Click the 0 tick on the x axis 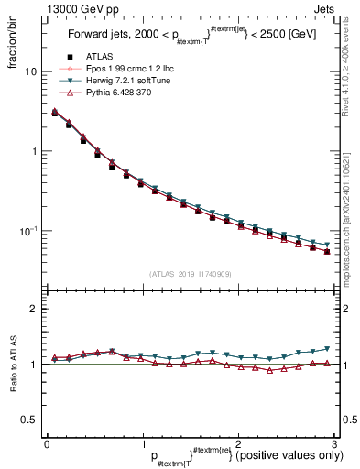tap(47, 443)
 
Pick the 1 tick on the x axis tap(142, 443)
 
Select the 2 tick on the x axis tap(236, 443)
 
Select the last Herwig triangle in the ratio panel tap(327, 349)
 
